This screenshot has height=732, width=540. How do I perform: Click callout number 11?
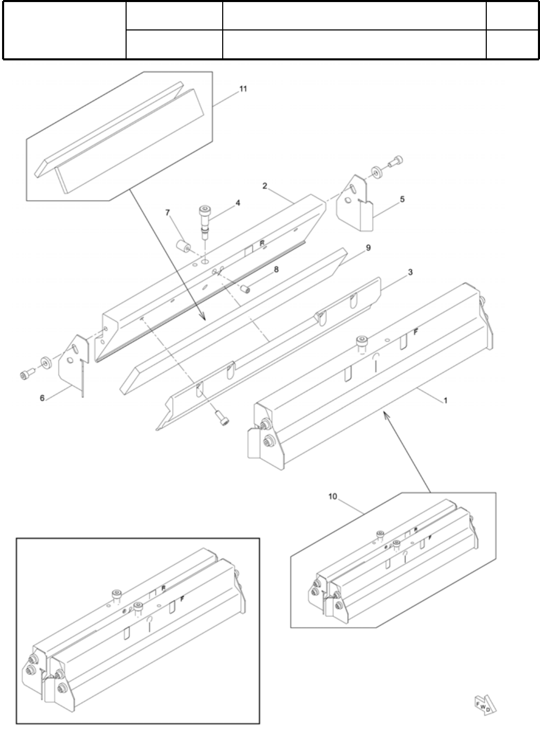pos(243,89)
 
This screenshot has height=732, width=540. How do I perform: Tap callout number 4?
pos(238,203)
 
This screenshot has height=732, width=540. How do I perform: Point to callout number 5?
pos(402,198)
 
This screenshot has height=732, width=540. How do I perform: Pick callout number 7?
pos(167,212)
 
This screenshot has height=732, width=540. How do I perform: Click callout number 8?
pos(276,269)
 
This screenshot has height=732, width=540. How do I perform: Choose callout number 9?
pos(368,248)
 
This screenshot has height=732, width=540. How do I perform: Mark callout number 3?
pos(410,272)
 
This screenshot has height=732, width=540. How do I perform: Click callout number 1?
pos(445,400)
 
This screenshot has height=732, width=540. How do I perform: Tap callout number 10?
pos(332,497)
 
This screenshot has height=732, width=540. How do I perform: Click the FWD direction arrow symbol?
pos(485,704)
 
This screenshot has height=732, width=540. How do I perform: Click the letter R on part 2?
pos(263,243)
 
